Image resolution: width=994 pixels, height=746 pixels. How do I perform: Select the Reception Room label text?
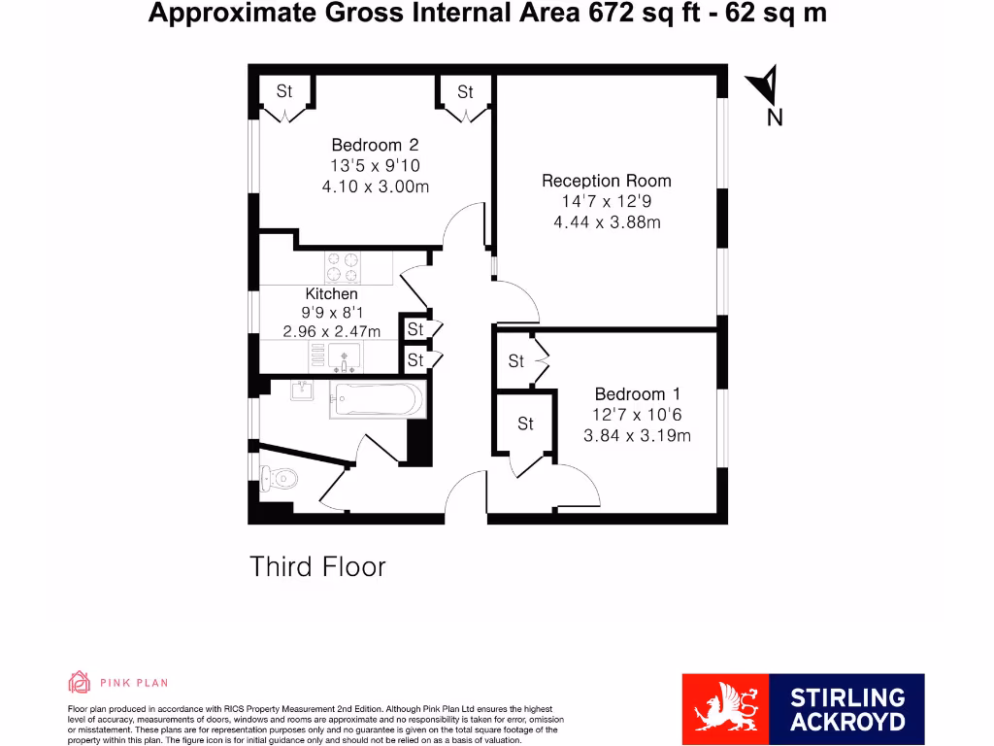[606, 181]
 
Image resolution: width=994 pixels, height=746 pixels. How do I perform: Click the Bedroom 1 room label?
[637, 393]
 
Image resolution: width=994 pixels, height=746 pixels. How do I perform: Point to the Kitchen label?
[332, 293]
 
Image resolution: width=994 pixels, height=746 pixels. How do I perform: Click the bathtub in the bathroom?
[378, 398]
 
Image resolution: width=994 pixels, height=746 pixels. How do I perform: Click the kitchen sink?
[344, 357]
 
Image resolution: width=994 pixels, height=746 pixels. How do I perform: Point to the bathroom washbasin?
[301, 390]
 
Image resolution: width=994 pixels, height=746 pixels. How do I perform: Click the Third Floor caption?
[317, 567]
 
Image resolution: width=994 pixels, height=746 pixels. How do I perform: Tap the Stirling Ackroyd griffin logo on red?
[724, 709]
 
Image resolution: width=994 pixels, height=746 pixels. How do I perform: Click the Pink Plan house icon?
[79, 682]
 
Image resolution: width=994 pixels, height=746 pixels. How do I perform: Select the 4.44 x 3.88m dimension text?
[606, 222]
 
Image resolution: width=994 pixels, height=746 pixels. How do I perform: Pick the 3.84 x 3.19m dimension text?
[637, 435]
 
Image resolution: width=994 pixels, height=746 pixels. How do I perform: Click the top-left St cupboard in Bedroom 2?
[284, 93]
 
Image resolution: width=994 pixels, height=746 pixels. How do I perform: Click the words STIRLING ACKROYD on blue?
[846, 709]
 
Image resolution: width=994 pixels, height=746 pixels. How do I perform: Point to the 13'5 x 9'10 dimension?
[375, 166]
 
